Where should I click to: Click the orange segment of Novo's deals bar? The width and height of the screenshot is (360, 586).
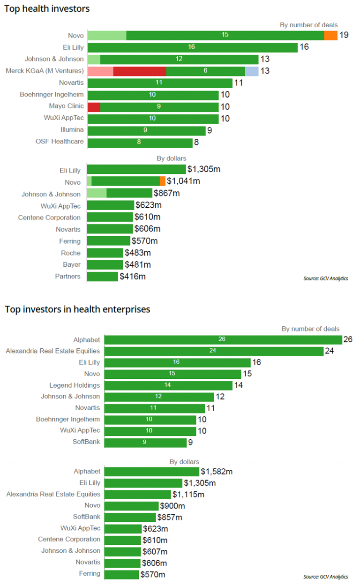tap(330, 35)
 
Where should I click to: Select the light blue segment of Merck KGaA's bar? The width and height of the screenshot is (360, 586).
tap(252, 71)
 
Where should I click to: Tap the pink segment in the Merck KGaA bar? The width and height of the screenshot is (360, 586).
tap(100, 71)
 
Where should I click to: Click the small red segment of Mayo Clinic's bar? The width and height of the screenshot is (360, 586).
tap(94, 106)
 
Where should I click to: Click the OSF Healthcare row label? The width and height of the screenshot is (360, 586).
tap(60, 141)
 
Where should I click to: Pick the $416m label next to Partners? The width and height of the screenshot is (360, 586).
tap(133, 277)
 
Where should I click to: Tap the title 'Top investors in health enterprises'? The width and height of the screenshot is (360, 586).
tap(77, 309)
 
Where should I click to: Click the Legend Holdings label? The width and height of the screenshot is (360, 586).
tap(75, 385)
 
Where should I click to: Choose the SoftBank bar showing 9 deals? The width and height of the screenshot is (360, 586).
tap(145, 442)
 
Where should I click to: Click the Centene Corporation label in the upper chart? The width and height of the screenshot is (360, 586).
tap(49, 218)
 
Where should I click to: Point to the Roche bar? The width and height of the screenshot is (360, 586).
tap(105, 253)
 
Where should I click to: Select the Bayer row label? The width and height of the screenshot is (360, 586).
tap(72, 265)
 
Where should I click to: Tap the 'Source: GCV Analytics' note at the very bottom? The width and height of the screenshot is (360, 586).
tap(325, 576)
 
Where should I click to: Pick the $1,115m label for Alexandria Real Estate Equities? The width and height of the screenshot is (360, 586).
tap(188, 494)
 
